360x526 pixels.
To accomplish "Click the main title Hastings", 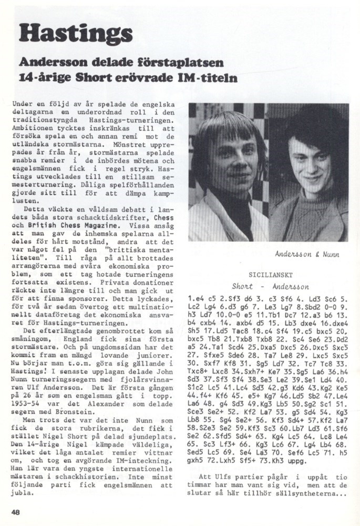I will (75, 33).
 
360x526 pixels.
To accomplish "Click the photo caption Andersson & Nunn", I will (307, 254).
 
